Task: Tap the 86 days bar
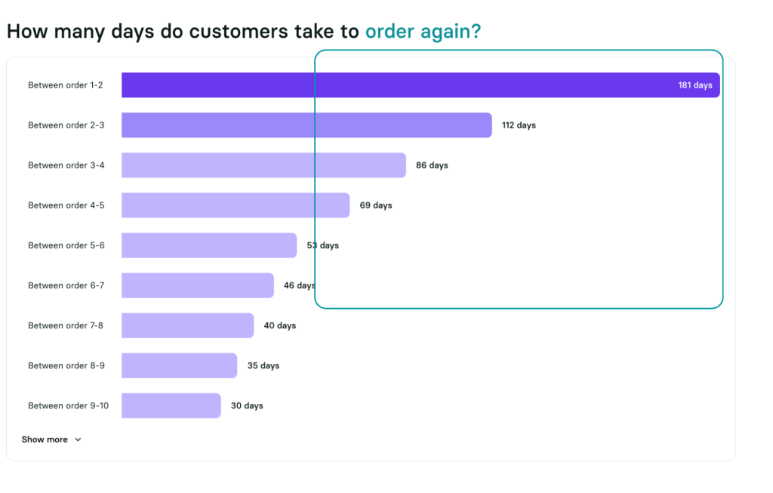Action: tap(263, 165)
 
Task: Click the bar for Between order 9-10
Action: tap(171, 405)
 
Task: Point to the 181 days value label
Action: tap(694, 85)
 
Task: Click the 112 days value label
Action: tap(519, 125)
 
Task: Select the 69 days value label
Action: tap(376, 205)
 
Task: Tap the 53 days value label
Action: tap(323, 245)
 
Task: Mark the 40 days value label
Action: tap(280, 325)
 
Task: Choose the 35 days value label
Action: tap(263, 365)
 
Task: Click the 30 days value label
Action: tap(247, 405)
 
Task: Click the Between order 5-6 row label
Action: tap(66, 245)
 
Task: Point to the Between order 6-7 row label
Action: tap(66, 285)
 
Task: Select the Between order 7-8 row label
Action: tap(66, 325)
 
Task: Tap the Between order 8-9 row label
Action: tap(66, 365)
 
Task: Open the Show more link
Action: tap(45, 439)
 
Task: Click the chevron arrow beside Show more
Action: tap(78, 439)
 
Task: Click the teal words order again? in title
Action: tap(423, 32)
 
